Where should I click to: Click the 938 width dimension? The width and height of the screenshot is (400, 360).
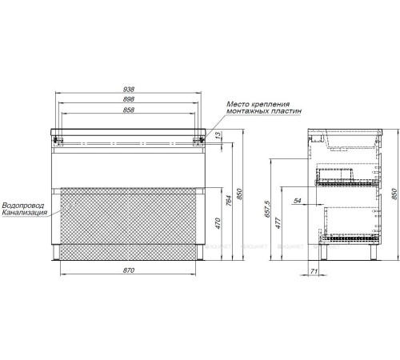(x=129, y=90)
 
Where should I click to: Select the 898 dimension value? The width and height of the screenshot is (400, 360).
(x=129, y=99)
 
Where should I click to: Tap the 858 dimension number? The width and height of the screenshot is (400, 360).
(x=129, y=110)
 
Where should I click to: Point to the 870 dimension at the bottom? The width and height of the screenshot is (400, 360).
(x=129, y=270)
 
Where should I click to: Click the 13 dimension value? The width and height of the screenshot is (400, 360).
(x=218, y=135)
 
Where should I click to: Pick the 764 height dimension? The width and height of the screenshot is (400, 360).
(x=229, y=201)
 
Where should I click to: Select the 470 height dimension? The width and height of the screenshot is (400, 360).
(x=218, y=223)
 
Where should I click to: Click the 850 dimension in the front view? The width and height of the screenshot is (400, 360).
(x=239, y=194)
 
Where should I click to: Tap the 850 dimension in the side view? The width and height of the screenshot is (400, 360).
(x=394, y=194)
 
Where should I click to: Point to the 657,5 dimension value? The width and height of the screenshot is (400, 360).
(x=268, y=210)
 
